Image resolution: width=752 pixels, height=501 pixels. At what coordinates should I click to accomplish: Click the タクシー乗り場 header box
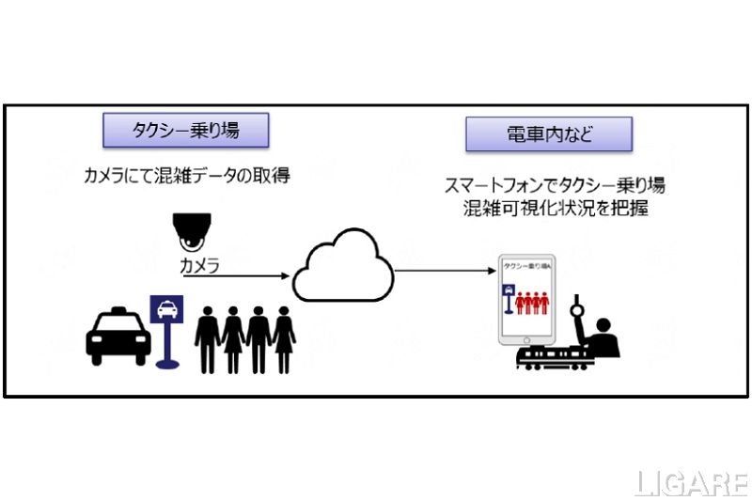tap(185, 130)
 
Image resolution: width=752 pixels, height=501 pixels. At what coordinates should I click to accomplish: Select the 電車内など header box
tap(549, 133)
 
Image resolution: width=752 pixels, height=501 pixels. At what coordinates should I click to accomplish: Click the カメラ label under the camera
tap(199, 266)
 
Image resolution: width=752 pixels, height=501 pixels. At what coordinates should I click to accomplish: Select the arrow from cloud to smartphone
tap(445, 272)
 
